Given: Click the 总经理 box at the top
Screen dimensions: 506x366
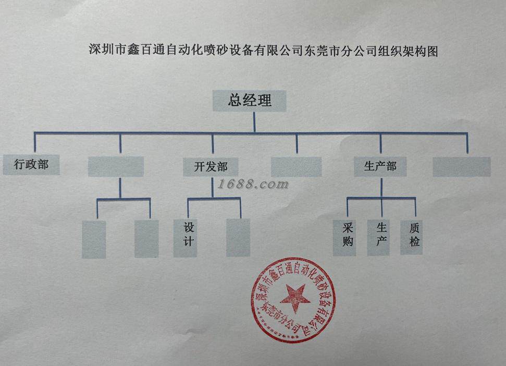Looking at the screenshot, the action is coord(250,101).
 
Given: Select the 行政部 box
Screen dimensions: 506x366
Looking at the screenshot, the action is coord(31,164).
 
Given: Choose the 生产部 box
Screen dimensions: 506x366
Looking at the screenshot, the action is coord(380,167).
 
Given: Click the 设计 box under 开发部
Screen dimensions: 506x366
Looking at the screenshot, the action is coord(186,237).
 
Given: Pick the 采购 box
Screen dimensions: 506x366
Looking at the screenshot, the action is coord(345,237).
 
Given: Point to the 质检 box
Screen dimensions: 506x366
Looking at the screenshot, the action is coord(412,237).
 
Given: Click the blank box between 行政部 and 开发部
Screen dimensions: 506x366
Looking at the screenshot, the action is coord(116,167).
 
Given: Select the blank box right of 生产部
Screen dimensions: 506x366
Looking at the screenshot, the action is coord(462,167).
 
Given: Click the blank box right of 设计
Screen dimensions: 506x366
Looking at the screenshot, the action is coord(238,237).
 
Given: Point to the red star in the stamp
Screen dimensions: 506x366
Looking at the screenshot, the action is coord(295,298).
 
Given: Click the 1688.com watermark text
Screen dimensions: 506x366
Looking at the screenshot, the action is coord(254,184).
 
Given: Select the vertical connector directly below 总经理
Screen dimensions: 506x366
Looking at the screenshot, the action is coord(254,121).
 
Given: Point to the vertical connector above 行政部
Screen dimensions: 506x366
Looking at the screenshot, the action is coord(35,143).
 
